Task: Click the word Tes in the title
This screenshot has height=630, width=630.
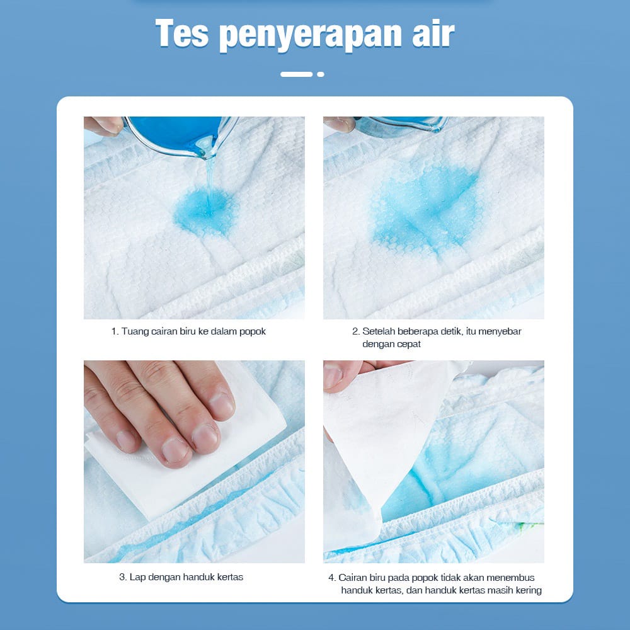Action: tap(182, 33)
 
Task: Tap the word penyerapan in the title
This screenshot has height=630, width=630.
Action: tap(310, 35)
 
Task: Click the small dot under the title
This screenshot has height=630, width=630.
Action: tap(320, 74)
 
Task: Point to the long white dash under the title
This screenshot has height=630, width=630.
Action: tap(297, 74)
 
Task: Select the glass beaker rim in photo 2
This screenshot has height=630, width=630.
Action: tap(402, 125)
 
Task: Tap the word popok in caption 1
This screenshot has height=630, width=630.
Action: tap(253, 332)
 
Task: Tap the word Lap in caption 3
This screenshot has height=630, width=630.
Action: tap(137, 577)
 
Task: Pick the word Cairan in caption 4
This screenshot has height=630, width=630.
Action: tap(355, 578)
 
